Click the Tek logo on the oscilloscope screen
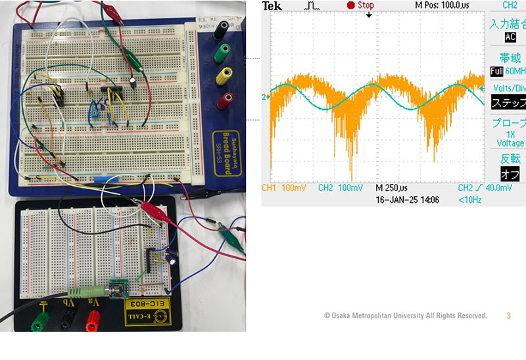click(x=272, y=6)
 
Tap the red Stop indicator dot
click(x=350, y=5)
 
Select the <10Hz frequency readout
click(x=470, y=199)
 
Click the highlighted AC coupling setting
click(x=501, y=37)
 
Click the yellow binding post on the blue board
click(x=226, y=74)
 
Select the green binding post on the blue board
click(x=225, y=50)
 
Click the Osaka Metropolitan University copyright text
click(x=405, y=316)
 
